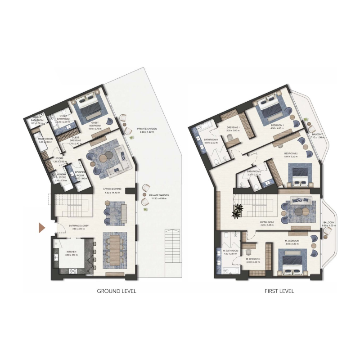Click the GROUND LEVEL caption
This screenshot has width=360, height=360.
(117, 291)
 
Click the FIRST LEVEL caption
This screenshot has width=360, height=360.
(279, 291)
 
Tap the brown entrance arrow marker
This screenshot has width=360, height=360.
(42, 228)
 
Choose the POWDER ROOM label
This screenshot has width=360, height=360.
(81, 174)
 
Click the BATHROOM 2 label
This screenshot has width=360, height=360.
(254, 171)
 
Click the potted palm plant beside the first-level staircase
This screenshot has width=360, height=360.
(238, 210)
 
